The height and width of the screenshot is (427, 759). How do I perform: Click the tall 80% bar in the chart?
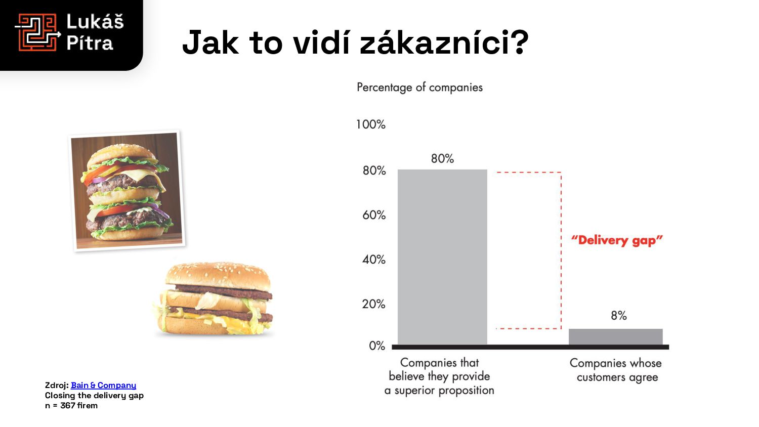pos(442,257)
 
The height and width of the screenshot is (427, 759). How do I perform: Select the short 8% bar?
pos(615,336)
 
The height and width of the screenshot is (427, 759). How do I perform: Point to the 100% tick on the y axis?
pos(371,124)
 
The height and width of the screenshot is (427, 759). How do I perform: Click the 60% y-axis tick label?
pos(374,215)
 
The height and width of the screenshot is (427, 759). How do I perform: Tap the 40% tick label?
pos(374,260)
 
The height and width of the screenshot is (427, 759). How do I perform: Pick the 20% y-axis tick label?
pos(374,304)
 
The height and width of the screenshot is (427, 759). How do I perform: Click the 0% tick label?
pos(377,346)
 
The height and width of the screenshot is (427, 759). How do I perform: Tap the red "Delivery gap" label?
pos(617,240)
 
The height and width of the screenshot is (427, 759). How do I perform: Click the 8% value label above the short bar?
pos(619,316)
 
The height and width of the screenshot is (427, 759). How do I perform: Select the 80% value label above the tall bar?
pos(442,158)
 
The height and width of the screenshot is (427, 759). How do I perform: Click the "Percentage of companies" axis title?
pos(419,88)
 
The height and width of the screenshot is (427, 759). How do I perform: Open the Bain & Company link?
pos(103,386)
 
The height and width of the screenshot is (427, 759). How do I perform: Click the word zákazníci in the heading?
pos(444,42)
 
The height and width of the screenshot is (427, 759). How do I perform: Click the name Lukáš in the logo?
pos(95,22)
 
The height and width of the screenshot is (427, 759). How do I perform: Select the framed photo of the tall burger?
pos(127,190)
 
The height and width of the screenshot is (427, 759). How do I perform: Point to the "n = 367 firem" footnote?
pos(71,406)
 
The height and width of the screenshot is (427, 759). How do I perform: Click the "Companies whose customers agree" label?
pos(616,370)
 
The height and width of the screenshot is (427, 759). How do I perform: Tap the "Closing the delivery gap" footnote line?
pos(94,396)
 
